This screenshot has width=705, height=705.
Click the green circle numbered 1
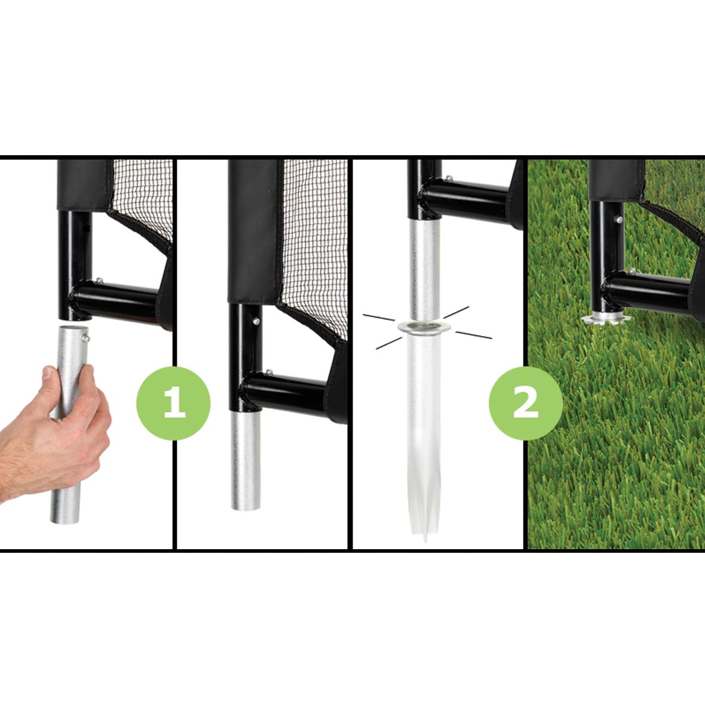click(174, 403)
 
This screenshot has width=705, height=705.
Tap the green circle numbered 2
click(525, 403)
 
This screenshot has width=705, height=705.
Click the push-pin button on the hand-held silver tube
click(86, 338)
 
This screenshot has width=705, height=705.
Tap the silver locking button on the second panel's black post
click(256, 322)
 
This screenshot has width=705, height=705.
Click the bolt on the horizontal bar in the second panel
click(269, 372)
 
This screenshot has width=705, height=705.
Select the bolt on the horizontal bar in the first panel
click(99, 281)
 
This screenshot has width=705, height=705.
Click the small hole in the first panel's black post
click(86, 229)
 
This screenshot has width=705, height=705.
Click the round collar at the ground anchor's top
click(424, 327)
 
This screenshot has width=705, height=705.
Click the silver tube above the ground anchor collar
click(424, 270)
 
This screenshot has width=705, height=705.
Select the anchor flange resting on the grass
click(605, 319)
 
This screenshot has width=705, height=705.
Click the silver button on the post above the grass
click(619, 220)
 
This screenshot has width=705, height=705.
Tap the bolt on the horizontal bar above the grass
click(632, 272)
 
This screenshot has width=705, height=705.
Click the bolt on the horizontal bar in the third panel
click(448, 179)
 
